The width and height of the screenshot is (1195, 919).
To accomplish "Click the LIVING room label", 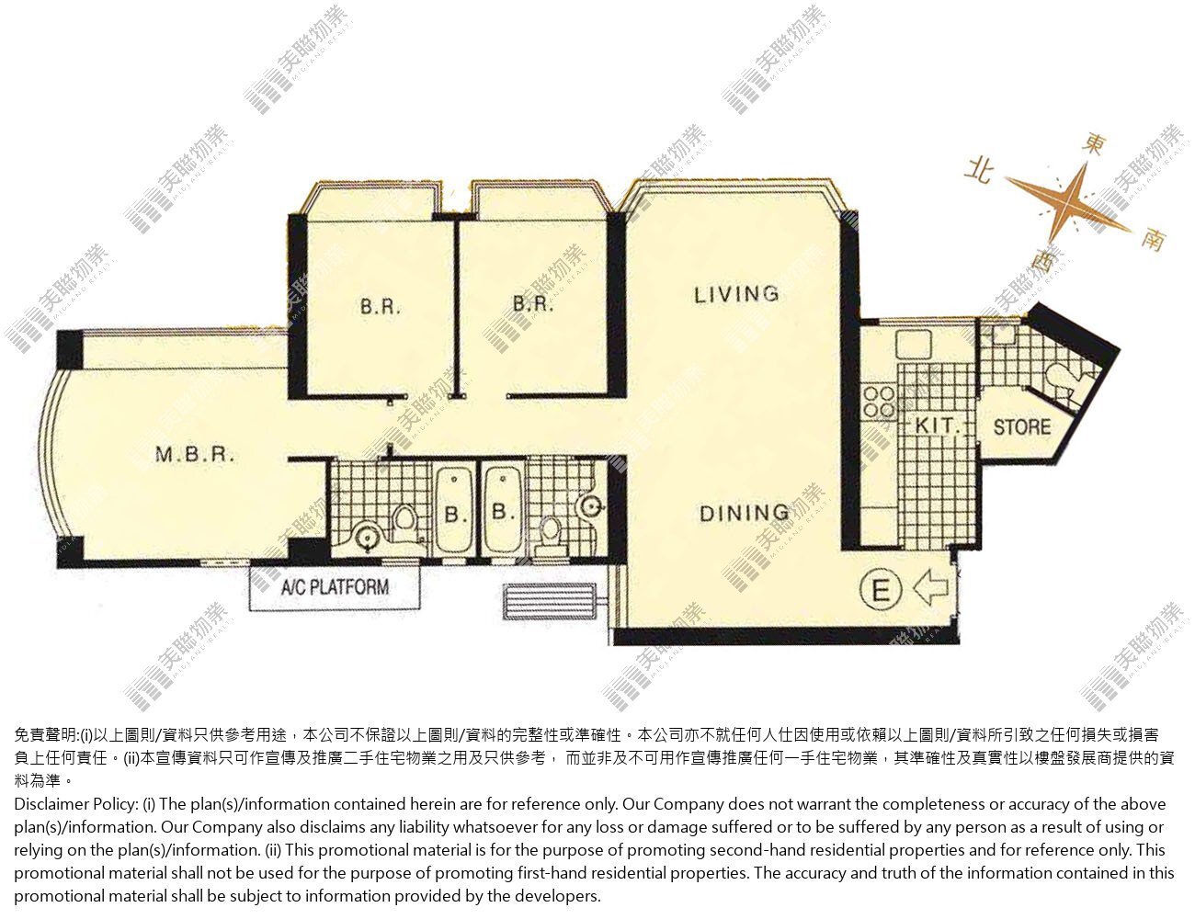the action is (x=736, y=295).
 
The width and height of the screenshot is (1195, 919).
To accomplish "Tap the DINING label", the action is (x=744, y=514).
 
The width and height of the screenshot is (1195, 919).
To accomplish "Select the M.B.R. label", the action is (x=195, y=454).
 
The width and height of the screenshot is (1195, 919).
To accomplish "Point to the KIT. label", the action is (x=938, y=426).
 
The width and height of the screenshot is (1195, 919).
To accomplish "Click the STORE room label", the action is (x=1022, y=426).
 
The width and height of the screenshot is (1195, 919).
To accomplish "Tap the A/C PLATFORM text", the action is (x=335, y=587).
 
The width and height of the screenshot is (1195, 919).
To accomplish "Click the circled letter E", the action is (x=881, y=589).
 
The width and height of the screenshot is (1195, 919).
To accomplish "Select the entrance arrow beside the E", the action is (x=930, y=587).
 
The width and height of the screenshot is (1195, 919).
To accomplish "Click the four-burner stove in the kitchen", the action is (x=879, y=402).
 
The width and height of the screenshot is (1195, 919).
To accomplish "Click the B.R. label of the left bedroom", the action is (x=380, y=306).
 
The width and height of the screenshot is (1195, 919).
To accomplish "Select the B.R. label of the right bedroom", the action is (x=532, y=303).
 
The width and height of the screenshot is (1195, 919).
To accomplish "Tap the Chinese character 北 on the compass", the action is (x=979, y=172).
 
